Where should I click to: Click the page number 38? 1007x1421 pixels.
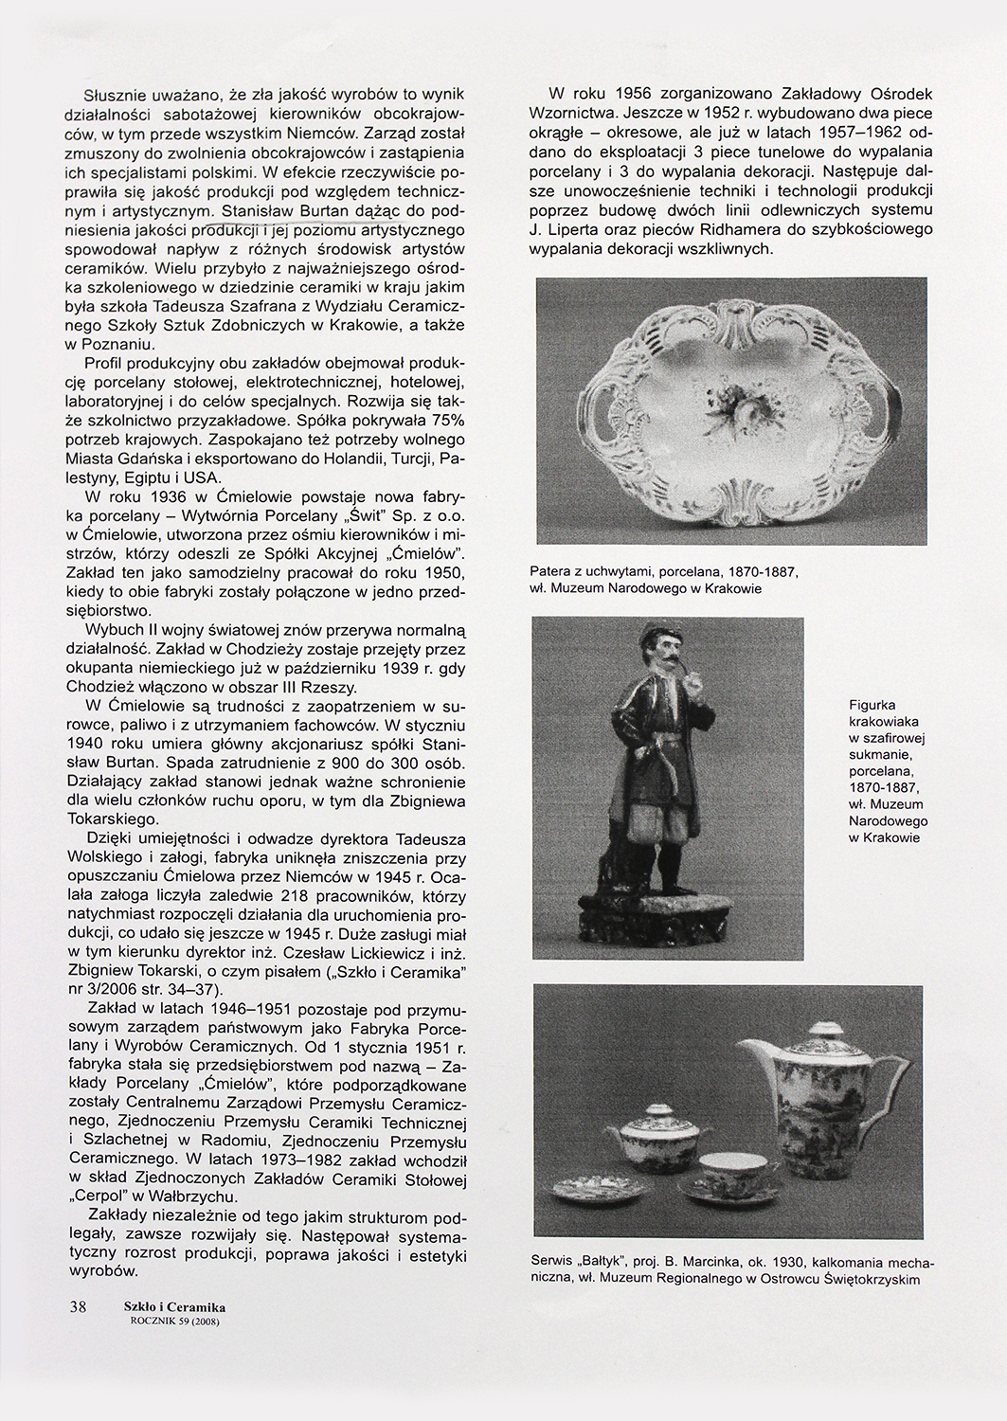(x=78, y=1306)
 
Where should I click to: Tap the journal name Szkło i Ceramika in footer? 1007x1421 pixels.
(x=174, y=1307)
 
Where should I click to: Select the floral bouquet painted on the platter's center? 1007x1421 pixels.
(x=729, y=410)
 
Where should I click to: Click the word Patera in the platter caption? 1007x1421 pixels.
(x=557, y=572)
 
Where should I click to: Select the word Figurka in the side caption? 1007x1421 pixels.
(x=872, y=705)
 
